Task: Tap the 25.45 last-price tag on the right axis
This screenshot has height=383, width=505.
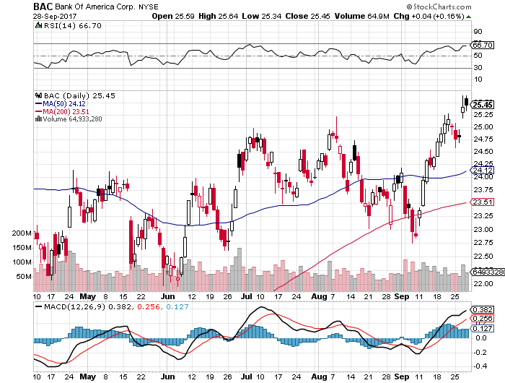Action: tap(483, 105)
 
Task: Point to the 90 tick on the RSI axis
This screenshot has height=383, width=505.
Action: tap(477, 32)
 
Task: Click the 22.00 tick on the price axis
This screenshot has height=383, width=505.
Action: tap(483, 283)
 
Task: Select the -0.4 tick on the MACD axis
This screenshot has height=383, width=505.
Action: tap(477, 366)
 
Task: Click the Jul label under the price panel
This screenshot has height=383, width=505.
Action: tap(246, 296)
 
